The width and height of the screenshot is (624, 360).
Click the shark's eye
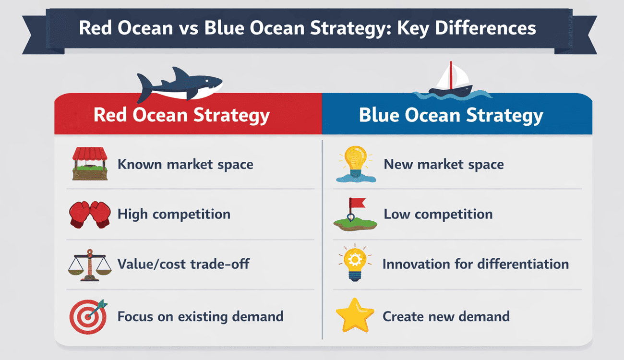coord(207,81)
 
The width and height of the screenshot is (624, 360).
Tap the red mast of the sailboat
coord(451,75)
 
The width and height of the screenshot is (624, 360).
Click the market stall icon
coord(90,164)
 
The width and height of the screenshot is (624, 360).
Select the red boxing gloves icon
coord(90,215)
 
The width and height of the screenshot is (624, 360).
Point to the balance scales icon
coord(90,265)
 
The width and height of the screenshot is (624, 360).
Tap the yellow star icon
coord(355,315)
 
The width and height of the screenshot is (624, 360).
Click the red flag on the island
coord(358,203)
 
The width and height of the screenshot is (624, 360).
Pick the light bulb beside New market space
coord(356,164)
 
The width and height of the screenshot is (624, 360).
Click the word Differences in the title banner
coord(485,28)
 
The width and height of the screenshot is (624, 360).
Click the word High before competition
coord(132,215)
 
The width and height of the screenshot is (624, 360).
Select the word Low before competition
coord(397,214)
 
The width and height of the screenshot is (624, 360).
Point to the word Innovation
coord(416,264)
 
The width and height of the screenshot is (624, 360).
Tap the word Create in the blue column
coord(403,316)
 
